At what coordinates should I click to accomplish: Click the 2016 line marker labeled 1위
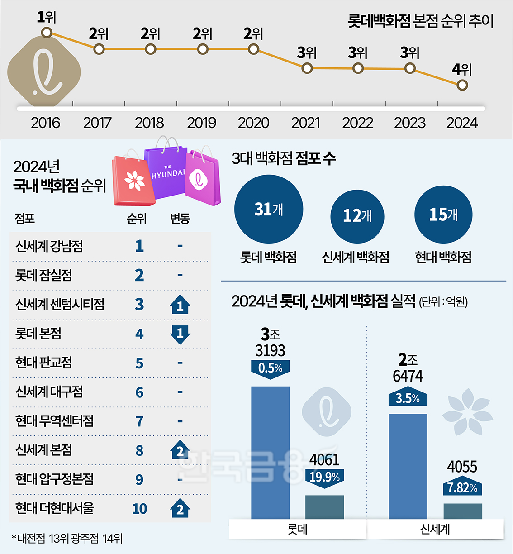click(x=47, y=33)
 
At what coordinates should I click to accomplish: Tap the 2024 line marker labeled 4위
click(x=462, y=85)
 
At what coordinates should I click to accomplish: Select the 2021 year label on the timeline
click(x=305, y=123)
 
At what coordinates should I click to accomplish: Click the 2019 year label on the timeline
click(x=201, y=123)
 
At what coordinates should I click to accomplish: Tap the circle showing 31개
click(x=269, y=209)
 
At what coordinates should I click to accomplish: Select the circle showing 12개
click(x=357, y=216)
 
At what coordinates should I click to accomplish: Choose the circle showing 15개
click(x=443, y=214)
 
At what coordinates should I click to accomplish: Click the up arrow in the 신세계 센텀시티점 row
click(x=180, y=305)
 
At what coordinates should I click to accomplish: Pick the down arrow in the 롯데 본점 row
click(x=180, y=334)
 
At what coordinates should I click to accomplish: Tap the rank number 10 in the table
click(x=139, y=509)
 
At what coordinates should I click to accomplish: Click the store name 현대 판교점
click(x=43, y=363)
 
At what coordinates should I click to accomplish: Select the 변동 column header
click(x=180, y=219)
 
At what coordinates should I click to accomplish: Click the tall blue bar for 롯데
click(x=270, y=453)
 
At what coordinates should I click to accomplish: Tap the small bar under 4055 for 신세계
click(x=462, y=511)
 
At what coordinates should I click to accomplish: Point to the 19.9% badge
click(x=324, y=477)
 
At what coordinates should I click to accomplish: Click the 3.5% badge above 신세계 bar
click(x=408, y=398)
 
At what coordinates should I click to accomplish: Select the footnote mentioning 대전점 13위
click(x=67, y=538)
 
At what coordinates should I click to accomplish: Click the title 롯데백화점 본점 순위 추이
click(x=420, y=21)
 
